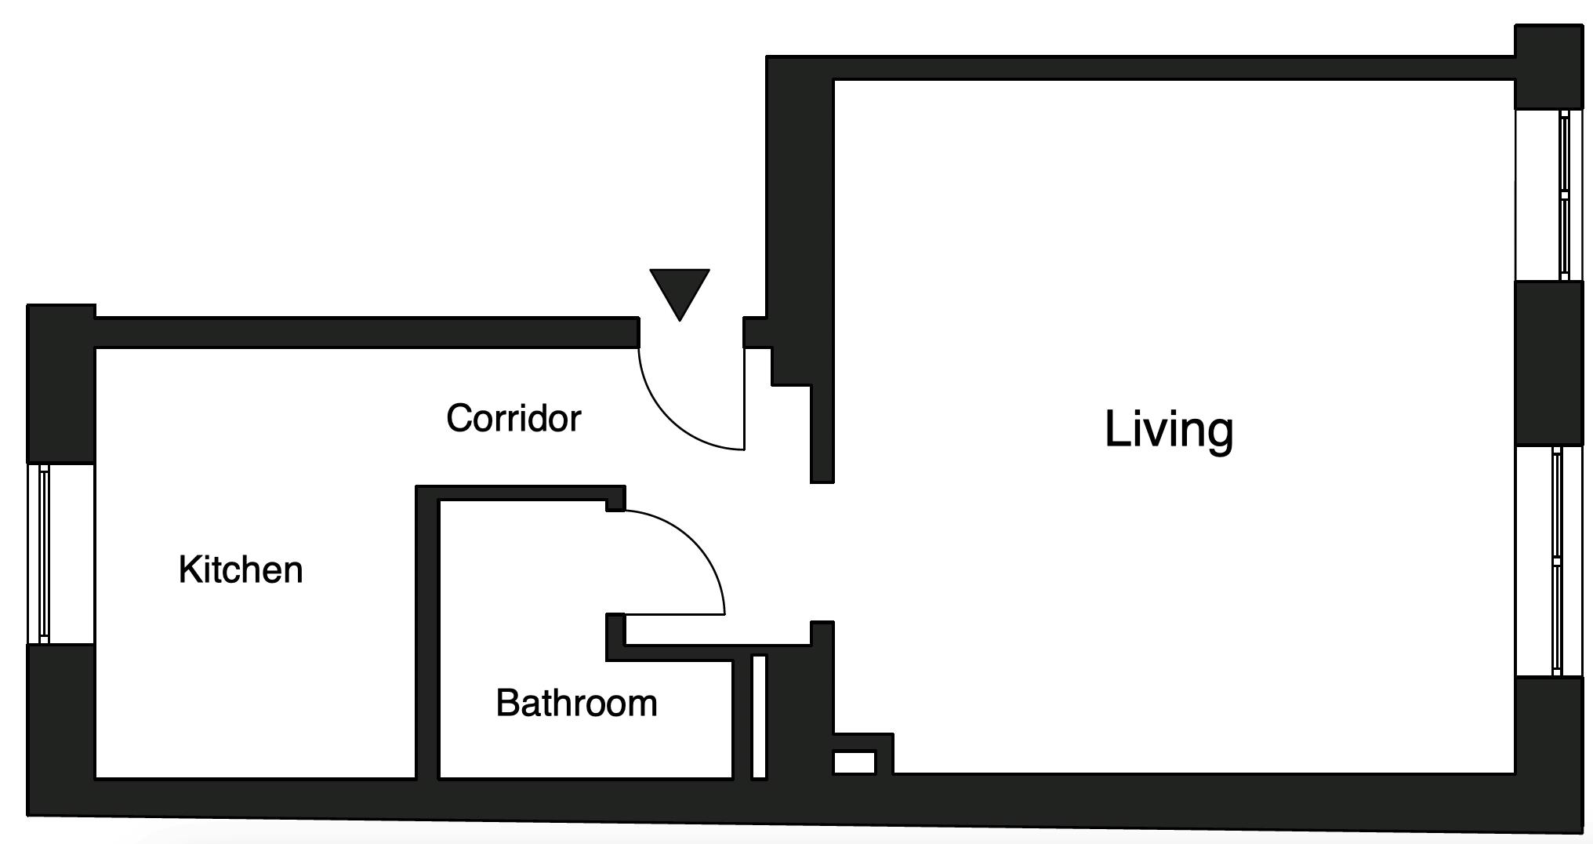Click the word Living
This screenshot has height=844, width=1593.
1168,430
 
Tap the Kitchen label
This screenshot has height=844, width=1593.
241,569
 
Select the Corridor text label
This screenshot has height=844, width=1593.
513,418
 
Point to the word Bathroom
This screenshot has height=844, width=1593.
576,703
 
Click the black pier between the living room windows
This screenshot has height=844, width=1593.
1549,363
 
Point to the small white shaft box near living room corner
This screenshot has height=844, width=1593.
854,762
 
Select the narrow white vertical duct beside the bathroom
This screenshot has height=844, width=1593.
759,716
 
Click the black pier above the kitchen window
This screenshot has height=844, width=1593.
61,384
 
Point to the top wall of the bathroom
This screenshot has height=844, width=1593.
521,493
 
